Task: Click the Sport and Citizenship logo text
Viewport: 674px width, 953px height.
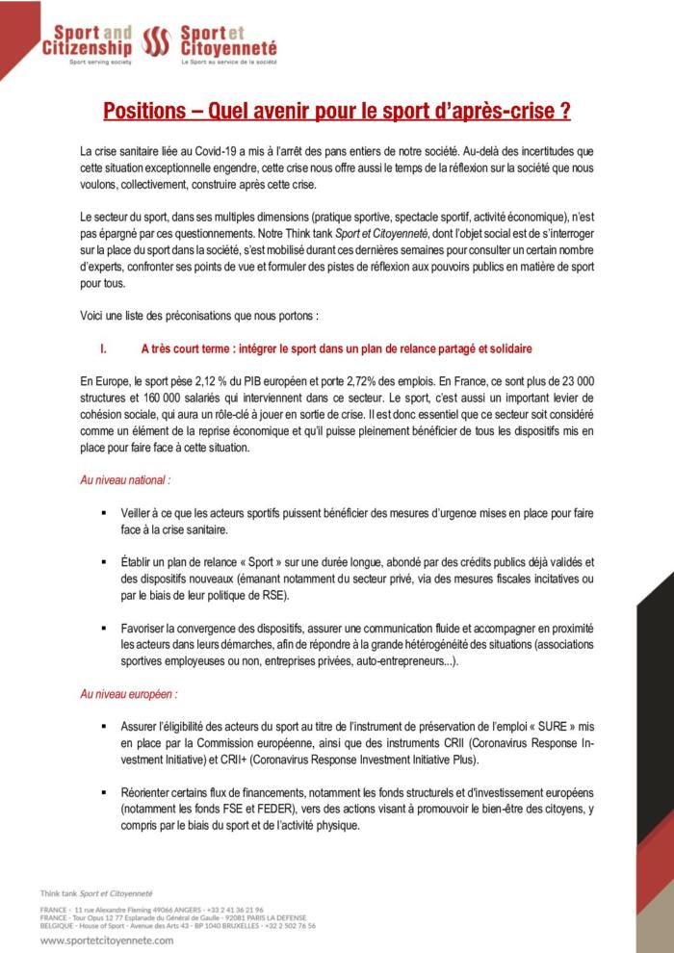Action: click(87, 39)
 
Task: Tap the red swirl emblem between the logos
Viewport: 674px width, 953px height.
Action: click(156, 41)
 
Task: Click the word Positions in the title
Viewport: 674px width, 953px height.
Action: click(144, 111)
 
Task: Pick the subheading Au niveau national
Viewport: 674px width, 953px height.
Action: click(126, 478)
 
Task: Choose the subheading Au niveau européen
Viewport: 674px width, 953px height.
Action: click(129, 692)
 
